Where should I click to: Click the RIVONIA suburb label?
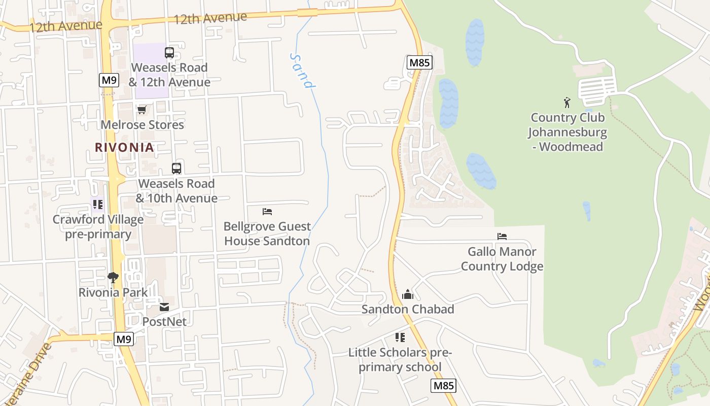(124, 147)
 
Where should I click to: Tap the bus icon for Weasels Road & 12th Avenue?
(169, 52)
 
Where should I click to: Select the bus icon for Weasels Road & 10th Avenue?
(176, 168)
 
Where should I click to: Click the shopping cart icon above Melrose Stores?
(142, 110)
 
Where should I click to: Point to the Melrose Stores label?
(142, 124)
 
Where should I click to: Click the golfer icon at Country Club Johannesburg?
(567, 103)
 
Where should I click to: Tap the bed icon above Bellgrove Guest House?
(267, 211)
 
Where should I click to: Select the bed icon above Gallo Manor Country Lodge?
(502, 236)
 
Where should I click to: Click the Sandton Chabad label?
(408, 309)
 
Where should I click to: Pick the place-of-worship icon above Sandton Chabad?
(408, 294)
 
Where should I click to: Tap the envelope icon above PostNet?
(164, 307)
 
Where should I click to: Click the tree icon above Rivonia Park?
(113, 278)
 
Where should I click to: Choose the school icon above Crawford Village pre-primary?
(98, 205)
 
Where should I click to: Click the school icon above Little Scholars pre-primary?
(400, 337)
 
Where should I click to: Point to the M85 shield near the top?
(419, 63)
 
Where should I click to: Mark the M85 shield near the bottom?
(444, 386)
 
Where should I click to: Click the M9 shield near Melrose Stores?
(109, 80)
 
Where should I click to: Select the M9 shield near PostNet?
(123, 339)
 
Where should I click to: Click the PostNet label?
(164, 321)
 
